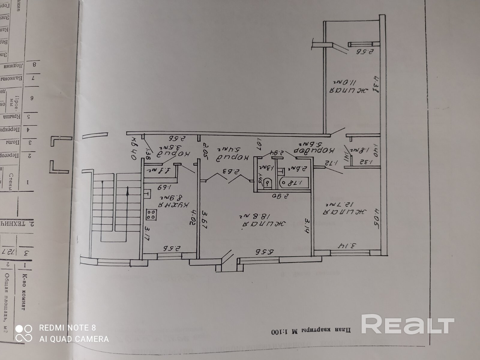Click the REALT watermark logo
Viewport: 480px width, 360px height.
click(407, 324)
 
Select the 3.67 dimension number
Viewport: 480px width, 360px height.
click(205, 220)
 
